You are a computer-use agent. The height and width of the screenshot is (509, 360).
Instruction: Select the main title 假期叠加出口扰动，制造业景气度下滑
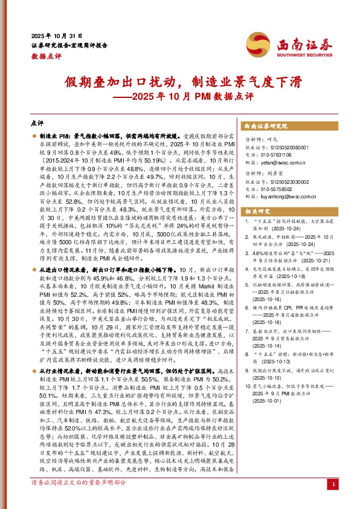(180, 82)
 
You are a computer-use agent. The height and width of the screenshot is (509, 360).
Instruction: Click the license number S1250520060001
(283, 147)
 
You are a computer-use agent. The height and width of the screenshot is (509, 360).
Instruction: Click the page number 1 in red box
(333, 501)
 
